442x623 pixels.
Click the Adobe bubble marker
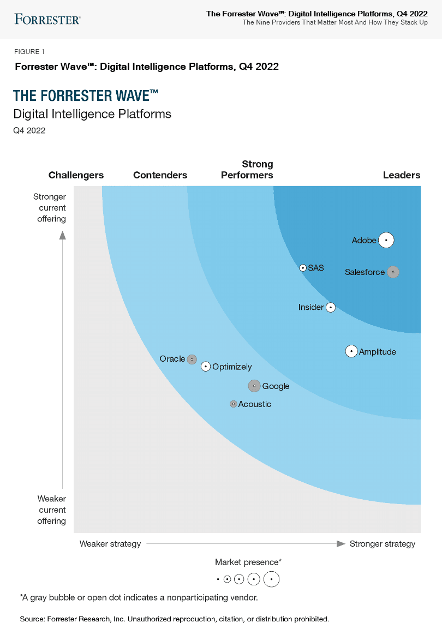386,240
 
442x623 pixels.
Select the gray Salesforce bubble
393,272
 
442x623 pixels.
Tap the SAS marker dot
303,268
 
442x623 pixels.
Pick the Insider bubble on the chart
330,308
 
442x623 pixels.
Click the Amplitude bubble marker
351,352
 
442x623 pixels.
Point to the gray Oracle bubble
192,360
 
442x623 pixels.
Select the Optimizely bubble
205,367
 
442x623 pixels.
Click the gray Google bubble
254,386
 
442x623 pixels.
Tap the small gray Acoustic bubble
234,404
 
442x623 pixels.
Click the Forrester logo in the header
47,20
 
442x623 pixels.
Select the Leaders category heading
402,175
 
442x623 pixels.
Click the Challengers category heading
76,175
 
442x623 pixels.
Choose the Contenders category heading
160,175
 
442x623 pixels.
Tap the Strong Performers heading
247,170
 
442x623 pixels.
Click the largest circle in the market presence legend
271,579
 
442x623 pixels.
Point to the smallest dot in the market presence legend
217,579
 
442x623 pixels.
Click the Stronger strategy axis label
382,544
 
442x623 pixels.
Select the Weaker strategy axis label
110,544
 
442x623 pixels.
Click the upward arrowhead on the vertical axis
63,235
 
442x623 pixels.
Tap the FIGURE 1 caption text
30,52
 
